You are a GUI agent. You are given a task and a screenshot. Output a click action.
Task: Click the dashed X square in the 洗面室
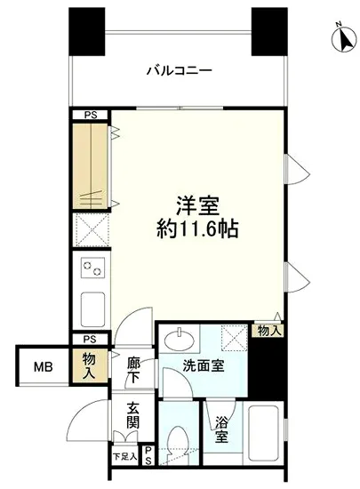pyautogui.click(x=235, y=338)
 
